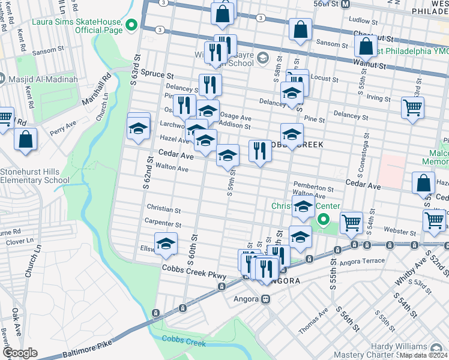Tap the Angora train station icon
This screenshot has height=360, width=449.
coord(265,299)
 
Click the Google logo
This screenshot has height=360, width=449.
coord(20,353)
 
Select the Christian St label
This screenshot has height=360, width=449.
coord(164,210)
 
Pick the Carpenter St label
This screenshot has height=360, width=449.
coord(163,224)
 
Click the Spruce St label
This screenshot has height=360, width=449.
coord(157,76)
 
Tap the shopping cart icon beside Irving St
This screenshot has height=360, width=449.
coord(413,109)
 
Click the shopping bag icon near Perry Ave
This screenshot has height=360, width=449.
coord(26,139)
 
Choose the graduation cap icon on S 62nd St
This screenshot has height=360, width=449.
coord(138,128)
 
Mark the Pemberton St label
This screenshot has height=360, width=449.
coord(313,187)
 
